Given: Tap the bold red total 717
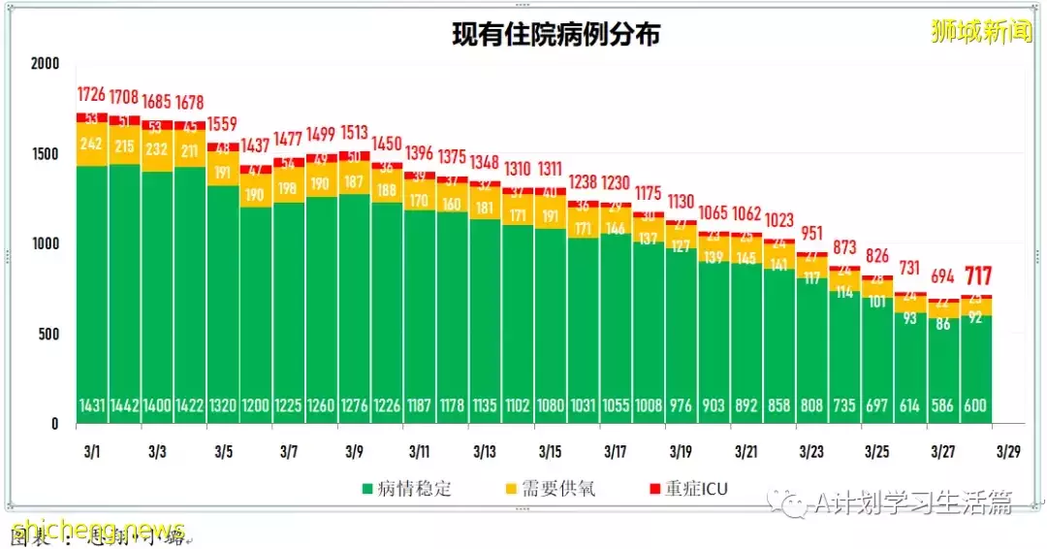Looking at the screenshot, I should (976, 276).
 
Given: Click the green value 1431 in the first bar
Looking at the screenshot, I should (92, 406).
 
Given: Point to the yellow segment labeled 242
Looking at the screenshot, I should (92, 145).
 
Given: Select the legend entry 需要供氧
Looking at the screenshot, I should (559, 488).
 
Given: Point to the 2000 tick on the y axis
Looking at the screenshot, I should (45, 64).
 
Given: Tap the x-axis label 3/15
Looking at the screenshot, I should (551, 452).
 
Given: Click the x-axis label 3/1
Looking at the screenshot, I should (92, 452).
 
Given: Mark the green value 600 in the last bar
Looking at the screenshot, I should (976, 406).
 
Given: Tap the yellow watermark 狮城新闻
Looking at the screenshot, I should (981, 32).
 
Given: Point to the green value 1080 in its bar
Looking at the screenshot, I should (551, 406).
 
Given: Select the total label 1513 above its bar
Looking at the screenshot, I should (354, 133).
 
